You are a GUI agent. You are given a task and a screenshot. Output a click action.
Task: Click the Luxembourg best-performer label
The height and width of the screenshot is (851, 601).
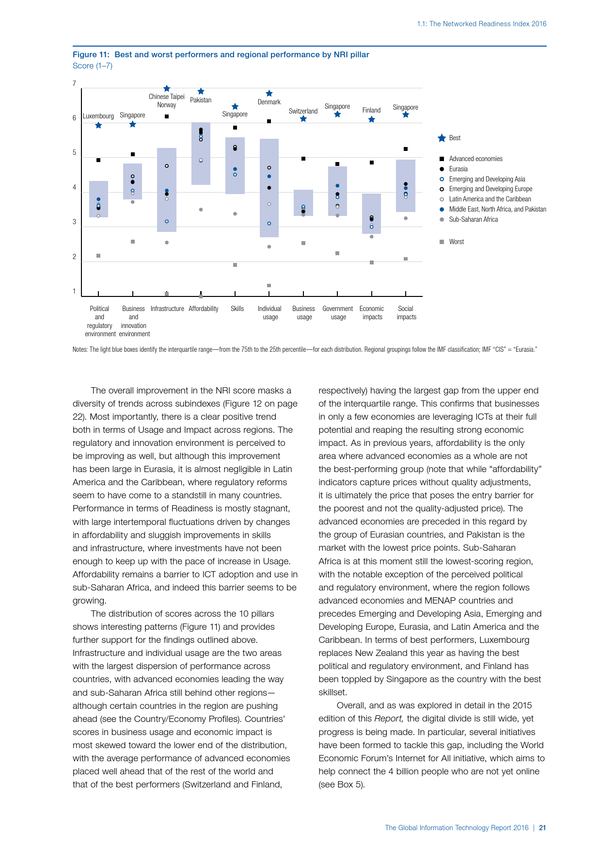[98, 116]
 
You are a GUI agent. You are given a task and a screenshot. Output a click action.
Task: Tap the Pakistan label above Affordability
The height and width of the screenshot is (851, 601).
[201, 100]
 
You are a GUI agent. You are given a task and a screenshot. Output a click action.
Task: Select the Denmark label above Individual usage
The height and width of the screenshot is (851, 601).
[269, 102]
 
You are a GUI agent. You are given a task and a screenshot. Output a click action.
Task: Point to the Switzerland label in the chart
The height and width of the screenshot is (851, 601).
[303, 111]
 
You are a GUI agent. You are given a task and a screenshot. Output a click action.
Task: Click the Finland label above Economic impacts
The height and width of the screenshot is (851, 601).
[371, 110]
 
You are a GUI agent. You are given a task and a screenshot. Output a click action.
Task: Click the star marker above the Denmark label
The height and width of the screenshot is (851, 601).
[269, 93]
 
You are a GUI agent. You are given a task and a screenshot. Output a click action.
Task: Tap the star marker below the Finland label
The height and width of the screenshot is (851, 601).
[372, 119]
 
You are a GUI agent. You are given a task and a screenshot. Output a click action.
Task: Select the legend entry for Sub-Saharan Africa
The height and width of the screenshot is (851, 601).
[473, 219]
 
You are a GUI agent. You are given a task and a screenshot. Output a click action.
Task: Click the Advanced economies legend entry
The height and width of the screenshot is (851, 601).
[475, 159]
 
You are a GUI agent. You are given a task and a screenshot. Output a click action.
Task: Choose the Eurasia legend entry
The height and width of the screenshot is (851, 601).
[458, 169]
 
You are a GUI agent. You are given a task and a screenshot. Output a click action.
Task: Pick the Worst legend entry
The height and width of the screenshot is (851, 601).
[456, 242]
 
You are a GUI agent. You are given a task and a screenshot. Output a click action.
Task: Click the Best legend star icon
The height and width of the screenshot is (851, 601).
[442, 138]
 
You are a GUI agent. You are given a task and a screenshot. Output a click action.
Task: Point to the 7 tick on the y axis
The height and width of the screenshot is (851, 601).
[75, 83]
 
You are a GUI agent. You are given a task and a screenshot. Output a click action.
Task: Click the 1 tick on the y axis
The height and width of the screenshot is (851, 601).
[75, 291]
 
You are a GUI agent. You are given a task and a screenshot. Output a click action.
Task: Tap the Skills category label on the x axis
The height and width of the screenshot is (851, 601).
[237, 309]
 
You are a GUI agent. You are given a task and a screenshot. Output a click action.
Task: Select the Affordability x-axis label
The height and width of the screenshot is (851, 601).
[204, 309]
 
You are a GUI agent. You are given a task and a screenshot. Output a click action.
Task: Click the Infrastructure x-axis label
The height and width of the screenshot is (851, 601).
[167, 309]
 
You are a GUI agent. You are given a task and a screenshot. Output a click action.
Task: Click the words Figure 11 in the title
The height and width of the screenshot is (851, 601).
[91, 54]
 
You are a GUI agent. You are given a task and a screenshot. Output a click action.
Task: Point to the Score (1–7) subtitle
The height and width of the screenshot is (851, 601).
[93, 65]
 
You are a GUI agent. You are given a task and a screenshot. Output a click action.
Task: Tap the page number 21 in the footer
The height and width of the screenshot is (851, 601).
[542, 828]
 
